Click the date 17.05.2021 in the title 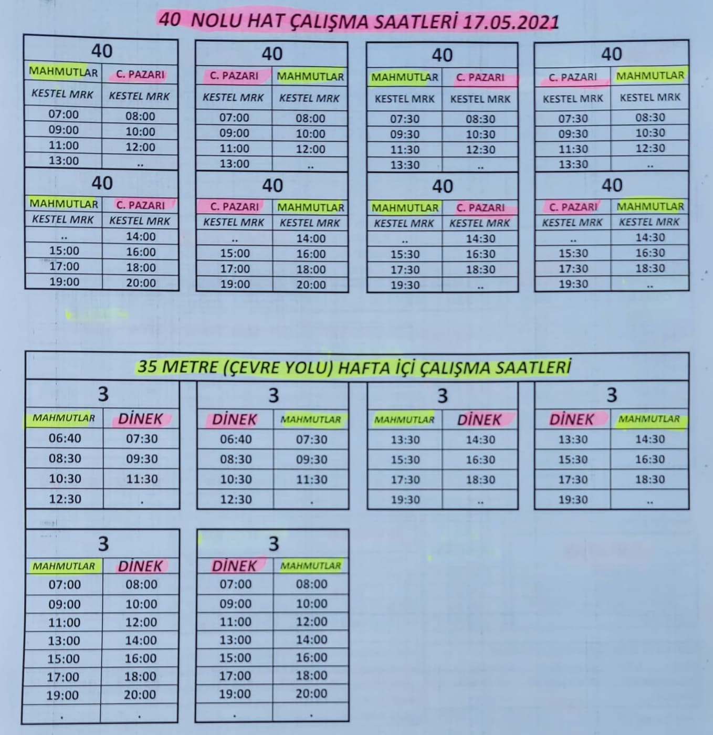click(x=510, y=23)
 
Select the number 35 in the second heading click(x=147, y=366)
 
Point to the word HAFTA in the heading click(x=363, y=367)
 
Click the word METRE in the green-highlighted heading click(x=190, y=366)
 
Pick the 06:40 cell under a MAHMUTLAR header click(x=65, y=438)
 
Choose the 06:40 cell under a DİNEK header click(x=236, y=439)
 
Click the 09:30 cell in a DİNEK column click(x=142, y=459)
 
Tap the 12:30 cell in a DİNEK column click(x=236, y=499)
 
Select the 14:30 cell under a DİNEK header click(x=480, y=439)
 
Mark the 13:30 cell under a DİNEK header click(x=573, y=439)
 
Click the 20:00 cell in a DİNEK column click(x=140, y=695)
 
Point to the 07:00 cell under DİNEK click(x=236, y=584)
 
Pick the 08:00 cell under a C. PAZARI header click(x=140, y=116)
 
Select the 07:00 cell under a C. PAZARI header click(x=234, y=118)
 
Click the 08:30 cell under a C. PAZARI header click(x=480, y=119)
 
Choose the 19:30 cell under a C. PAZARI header click(x=573, y=284)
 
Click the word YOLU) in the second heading click(x=310, y=367)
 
